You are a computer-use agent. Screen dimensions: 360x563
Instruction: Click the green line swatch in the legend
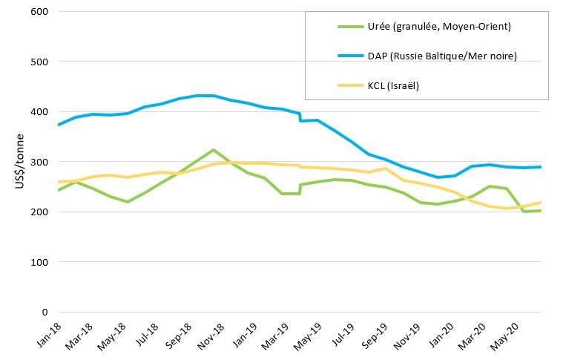coord(349,27)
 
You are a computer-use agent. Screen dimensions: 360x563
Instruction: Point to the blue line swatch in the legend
coord(349,56)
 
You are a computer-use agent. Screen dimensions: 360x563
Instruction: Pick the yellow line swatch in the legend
coord(349,85)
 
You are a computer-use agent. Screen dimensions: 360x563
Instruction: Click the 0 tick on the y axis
coord(45,312)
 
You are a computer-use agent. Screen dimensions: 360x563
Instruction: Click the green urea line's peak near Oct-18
coord(214,150)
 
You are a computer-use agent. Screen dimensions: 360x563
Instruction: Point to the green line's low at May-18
coord(127,202)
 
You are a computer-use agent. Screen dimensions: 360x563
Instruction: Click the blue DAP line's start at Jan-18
coord(58,125)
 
